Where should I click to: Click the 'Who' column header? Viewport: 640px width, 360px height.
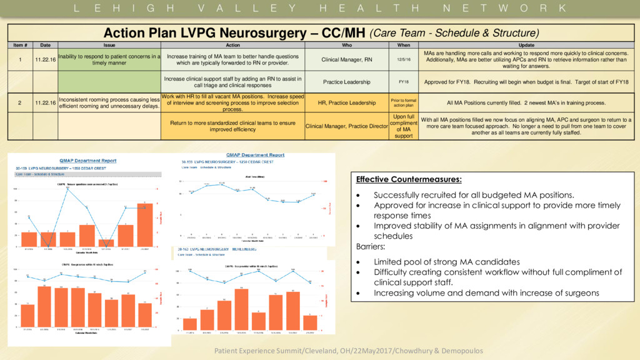pos(347,45)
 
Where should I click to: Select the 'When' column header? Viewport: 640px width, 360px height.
pos(404,45)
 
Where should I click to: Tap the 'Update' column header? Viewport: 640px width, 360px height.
pos(526,45)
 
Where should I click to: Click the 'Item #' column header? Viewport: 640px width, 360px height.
pos(19,45)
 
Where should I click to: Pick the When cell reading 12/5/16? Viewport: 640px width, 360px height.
pos(404,59)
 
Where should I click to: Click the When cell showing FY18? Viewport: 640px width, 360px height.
pos(404,82)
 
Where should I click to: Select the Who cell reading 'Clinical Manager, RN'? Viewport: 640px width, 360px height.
pos(347,59)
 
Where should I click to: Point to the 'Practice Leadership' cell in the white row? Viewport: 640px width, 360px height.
pos(347,82)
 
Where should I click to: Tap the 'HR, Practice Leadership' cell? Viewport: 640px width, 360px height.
pos(347,102)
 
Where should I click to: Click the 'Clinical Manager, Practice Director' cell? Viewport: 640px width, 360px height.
pos(347,126)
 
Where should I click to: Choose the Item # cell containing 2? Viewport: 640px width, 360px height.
pos(19,102)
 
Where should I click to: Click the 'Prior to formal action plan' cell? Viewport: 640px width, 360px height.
pos(404,102)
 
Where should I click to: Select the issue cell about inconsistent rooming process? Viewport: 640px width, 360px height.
pos(109,102)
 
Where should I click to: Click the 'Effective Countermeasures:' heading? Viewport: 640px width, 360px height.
pos(409,180)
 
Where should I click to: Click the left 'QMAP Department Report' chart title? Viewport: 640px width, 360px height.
pos(86,161)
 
